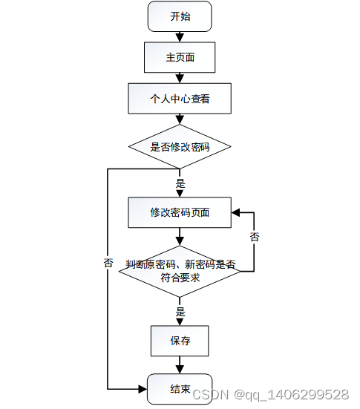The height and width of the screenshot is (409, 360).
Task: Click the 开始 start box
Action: coord(180,16)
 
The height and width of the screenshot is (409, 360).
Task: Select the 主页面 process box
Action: coord(180,56)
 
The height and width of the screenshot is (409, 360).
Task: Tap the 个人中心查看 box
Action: coord(180,97)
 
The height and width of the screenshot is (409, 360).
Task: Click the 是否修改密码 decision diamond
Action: coord(180,146)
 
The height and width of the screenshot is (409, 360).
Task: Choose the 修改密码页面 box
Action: coord(180,212)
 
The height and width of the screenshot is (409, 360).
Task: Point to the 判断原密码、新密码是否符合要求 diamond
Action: coord(180,272)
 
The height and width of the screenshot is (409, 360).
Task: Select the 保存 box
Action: coord(180,341)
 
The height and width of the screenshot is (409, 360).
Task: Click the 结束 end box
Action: coord(180,389)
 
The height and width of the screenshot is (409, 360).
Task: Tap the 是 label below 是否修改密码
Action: coord(180,183)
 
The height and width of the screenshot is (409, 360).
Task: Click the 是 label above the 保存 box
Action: coord(180,312)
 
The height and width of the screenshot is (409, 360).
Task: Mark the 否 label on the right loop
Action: coord(255,238)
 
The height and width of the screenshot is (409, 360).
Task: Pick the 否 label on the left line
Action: coord(108,264)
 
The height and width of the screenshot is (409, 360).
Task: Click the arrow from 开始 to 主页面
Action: coord(180,36)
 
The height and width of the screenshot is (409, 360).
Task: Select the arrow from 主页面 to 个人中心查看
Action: coord(180,77)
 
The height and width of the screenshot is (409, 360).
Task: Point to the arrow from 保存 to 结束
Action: coord(180,364)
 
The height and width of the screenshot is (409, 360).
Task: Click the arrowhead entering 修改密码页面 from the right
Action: coord(237,212)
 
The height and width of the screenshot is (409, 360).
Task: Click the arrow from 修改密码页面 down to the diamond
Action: coord(180,236)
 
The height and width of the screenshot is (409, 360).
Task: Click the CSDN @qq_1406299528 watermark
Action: coord(270,394)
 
